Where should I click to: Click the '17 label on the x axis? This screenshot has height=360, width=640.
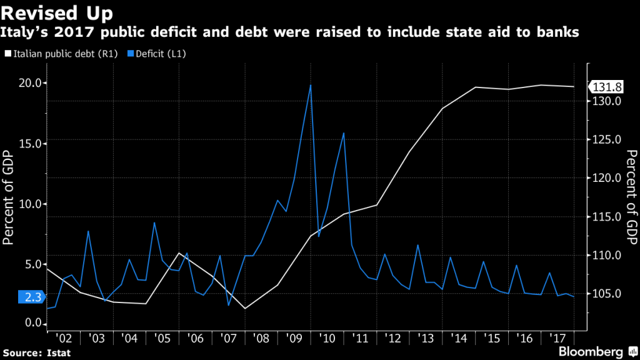coord(556,338)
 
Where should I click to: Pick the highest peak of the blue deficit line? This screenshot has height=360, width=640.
coord(311,85)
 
